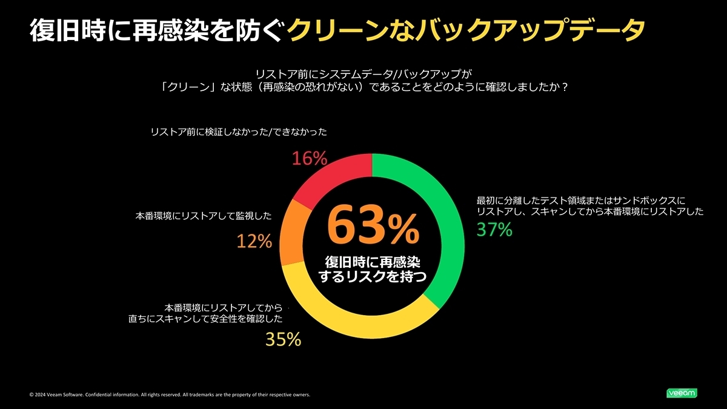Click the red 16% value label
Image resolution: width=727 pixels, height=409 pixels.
(310, 159)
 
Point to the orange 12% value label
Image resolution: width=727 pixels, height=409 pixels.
(254, 242)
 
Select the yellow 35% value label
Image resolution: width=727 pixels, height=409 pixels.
(284, 340)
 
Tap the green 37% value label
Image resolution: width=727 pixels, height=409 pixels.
(494, 230)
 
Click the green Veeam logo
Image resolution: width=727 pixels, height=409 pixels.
(682, 393)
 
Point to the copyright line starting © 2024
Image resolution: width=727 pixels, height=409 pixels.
(170, 395)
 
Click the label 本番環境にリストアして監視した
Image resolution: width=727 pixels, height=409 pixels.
(204, 216)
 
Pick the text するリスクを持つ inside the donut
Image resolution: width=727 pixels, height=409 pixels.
(373, 278)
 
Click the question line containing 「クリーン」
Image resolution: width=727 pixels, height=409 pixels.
(363, 87)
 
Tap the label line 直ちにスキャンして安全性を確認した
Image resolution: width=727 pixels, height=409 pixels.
(206, 319)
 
